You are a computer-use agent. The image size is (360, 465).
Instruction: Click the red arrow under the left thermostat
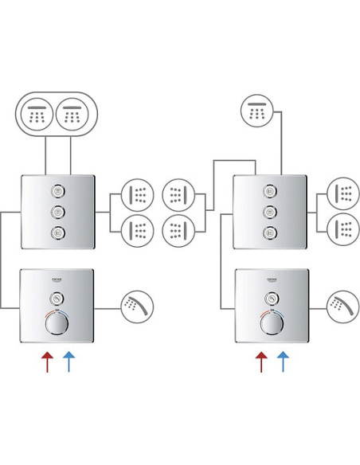click(47, 361)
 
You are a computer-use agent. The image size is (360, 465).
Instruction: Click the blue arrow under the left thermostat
click(68, 361)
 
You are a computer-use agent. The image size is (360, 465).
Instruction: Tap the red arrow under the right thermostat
click(261, 361)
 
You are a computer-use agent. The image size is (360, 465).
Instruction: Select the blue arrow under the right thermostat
click(283, 361)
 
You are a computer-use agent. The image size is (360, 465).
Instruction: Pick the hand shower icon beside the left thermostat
click(137, 307)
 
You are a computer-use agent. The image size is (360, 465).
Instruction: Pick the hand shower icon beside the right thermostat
click(343, 307)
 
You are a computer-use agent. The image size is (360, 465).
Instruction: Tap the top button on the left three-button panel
click(57, 191)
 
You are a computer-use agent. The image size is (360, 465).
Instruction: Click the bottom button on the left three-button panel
click(57, 232)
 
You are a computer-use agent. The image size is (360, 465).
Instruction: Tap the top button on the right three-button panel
click(270, 191)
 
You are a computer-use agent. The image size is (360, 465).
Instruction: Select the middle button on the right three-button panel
click(270, 212)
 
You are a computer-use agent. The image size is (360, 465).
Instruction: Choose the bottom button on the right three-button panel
click(270, 232)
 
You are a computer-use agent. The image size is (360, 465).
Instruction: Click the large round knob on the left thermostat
click(57, 324)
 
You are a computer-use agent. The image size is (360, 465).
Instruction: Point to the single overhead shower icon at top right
click(256, 112)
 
